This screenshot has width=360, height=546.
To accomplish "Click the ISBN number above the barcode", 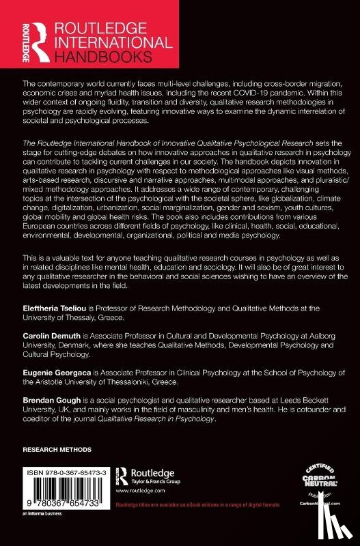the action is click(x=66, y=470).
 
